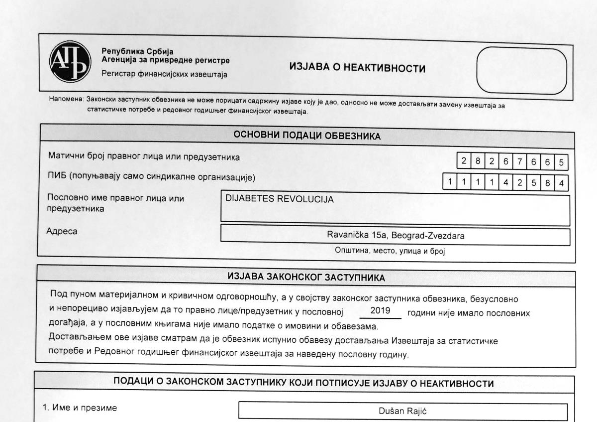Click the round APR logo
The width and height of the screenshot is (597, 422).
point(70,62)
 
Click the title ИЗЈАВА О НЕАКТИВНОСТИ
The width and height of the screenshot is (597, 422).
point(357,69)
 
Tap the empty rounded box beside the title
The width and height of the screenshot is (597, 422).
point(521,71)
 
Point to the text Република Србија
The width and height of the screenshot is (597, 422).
point(137,51)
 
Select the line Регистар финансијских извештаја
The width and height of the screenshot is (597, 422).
point(164,75)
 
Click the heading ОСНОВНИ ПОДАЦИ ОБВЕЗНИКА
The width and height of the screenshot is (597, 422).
point(307,136)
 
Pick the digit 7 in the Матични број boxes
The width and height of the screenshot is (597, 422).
point(519,161)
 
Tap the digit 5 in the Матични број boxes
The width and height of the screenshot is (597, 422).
point(561,162)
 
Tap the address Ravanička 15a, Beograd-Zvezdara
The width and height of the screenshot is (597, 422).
point(396,236)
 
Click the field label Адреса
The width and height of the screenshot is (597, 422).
point(62,231)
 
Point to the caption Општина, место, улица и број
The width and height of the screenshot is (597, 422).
point(390,251)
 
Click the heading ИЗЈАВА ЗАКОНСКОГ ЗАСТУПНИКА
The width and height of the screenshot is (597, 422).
point(306,278)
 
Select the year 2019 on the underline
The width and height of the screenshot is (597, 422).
point(381,311)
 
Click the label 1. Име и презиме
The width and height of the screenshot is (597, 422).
point(80,408)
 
